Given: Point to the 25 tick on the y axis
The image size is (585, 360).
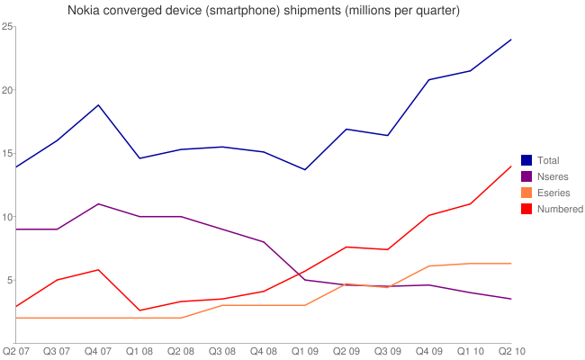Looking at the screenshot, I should tap(6, 27).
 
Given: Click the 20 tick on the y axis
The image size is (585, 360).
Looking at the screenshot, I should tap(6, 90).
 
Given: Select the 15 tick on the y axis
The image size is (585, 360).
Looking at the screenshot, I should tap(6, 153).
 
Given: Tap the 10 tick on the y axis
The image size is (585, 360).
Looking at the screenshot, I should tap(6, 217).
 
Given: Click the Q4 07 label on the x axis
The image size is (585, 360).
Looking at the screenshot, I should tap(99, 350).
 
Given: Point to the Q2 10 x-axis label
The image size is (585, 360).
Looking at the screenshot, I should tap(511, 350).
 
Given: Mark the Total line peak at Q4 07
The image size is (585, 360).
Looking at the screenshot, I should tap(98, 105).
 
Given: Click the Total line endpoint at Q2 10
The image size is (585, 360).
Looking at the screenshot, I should tap(511, 40).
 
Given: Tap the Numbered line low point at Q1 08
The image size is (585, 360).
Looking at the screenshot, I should tap(139, 310).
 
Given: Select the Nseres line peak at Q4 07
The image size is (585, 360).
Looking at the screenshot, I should tap(98, 204).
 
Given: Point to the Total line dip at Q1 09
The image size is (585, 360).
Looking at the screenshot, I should tap(305, 170).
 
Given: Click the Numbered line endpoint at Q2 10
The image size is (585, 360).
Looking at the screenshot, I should tap(511, 166).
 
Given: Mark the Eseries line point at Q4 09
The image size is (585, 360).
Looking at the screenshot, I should tap(429, 266).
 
